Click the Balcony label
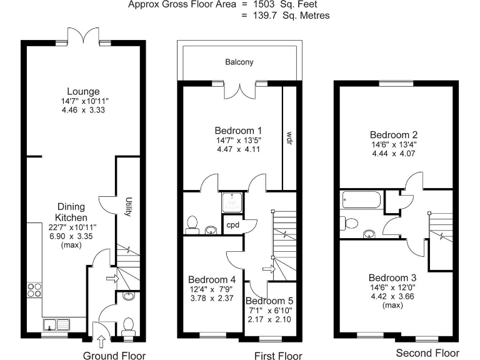pos(240,62)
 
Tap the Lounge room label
pos(83,92)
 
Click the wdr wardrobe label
pos(289,138)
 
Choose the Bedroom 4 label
pos(212,279)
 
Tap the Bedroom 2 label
pos(394,134)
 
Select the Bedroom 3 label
pos(392,277)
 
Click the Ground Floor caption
pos(114,356)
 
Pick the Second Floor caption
pos(427,353)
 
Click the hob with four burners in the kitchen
pos(35,289)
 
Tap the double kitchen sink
pos(57,324)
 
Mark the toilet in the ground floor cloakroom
pos(129,326)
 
